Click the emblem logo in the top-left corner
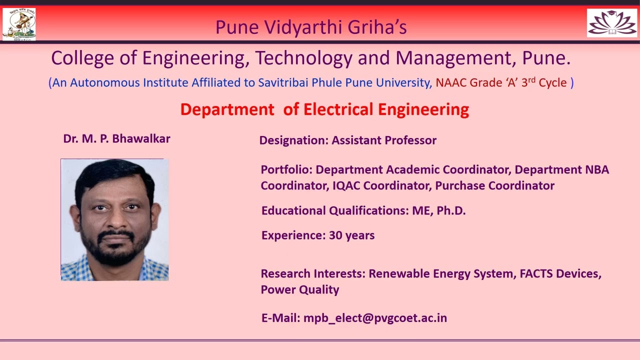(x=19, y=23)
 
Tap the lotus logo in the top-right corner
(x=611, y=23)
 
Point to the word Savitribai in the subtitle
(x=283, y=82)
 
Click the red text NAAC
(x=450, y=82)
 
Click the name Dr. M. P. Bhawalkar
(x=116, y=138)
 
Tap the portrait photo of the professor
(x=114, y=219)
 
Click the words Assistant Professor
(x=384, y=140)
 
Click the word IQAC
(x=346, y=185)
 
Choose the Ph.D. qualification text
(x=451, y=210)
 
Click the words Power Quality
(x=300, y=289)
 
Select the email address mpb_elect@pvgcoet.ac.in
(x=375, y=318)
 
